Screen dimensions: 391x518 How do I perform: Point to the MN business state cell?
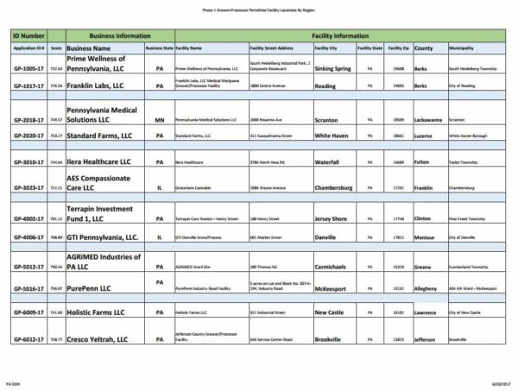pyautogui.click(x=159, y=120)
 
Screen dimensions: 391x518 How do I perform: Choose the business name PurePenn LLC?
pyautogui.click(x=91, y=288)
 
